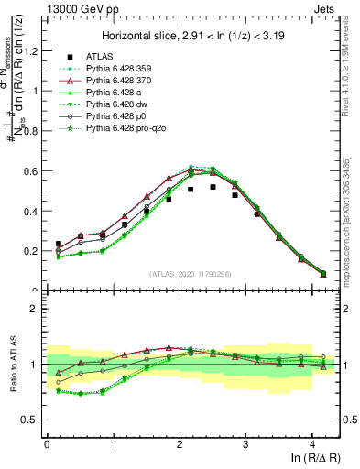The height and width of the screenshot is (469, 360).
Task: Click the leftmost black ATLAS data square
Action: (x=59, y=245)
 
